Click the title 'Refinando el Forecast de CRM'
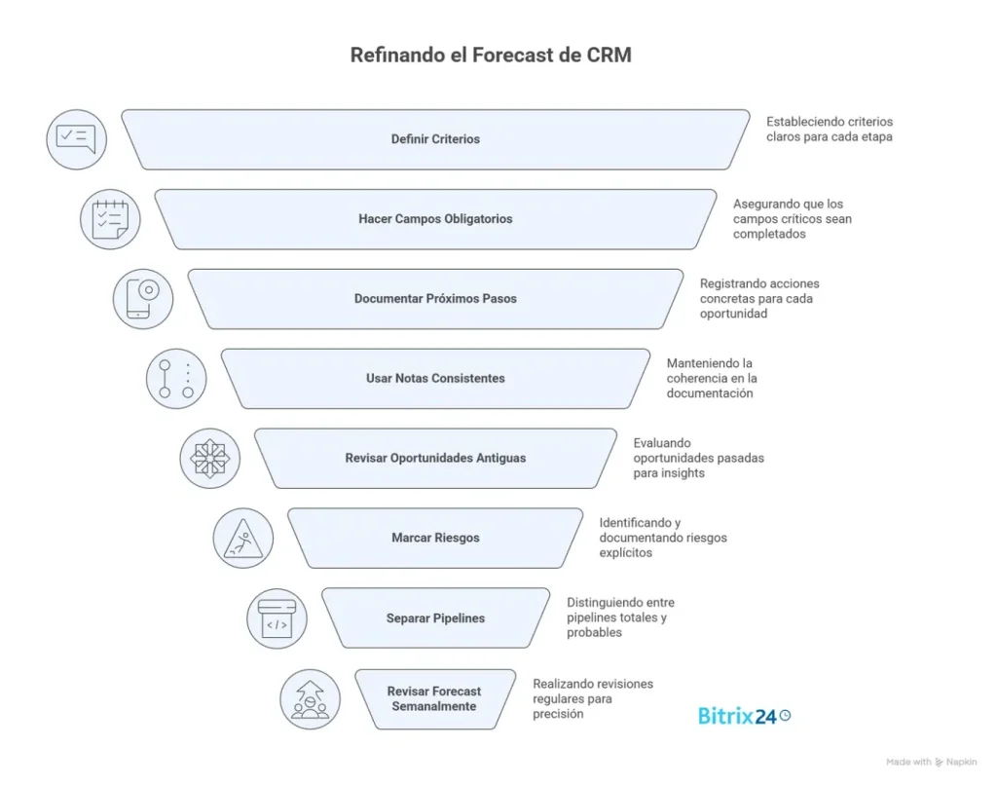click(x=491, y=56)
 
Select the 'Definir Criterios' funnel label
click(x=435, y=139)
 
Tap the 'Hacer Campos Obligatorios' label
click(x=435, y=219)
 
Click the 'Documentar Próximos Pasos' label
click(x=435, y=299)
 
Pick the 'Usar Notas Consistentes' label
click(x=435, y=378)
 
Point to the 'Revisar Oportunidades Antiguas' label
click(x=435, y=458)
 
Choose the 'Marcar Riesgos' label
click(x=435, y=538)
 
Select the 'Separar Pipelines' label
click(x=435, y=617)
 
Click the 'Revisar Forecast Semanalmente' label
click(x=434, y=698)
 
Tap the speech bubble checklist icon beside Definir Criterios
click(x=77, y=139)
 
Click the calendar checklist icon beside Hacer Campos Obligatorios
click(x=110, y=219)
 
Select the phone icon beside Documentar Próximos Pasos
click(x=143, y=299)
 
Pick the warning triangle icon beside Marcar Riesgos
click(x=242, y=538)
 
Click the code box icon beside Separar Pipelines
click(x=277, y=617)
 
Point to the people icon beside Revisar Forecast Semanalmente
click(x=310, y=698)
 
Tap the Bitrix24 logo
click(x=744, y=716)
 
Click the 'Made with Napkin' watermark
click(x=932, y=763)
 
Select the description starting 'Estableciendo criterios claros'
click(x=830, y=130)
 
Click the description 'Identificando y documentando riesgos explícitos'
click(x=662, y=538)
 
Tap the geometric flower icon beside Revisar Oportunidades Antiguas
click(x=209, y=458)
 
